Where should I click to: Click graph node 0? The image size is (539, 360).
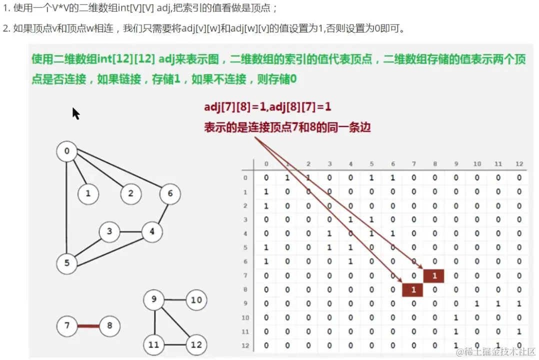click(67, 151)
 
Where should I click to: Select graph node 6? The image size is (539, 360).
click(170, 193)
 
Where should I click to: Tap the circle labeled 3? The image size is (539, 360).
click(109, 232)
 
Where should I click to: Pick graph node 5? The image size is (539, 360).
click(66, 263)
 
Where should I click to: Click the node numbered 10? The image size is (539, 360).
click(196, 300)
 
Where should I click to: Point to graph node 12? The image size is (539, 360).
click(196, 344)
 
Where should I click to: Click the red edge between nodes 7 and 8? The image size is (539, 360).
click(88, 326)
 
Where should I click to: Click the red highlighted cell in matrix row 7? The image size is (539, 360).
click(434, 275)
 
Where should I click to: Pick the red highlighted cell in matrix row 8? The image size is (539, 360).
click(413, 289)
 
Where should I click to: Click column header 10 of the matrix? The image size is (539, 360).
click(476, 164)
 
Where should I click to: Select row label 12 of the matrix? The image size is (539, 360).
click(245, 345)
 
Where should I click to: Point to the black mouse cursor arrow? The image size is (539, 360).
click(75, 113)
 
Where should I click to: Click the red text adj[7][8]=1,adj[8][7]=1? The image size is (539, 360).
click(267, 107)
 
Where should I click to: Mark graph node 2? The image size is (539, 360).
click(130, 193)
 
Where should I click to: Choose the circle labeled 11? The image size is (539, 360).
click(153, 344)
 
